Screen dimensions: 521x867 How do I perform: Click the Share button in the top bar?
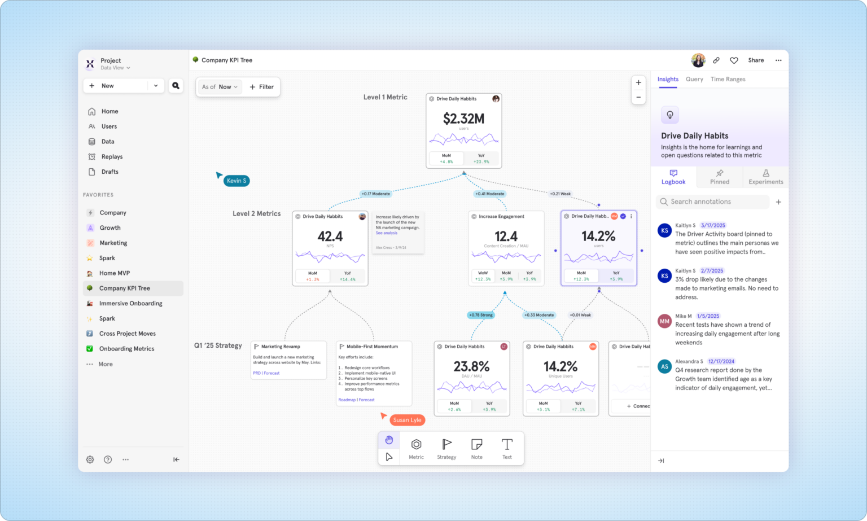(x=756, y=60)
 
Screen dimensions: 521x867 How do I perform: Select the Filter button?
(x=262, y=87)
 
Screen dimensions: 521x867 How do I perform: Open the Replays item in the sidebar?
(x=112, y=157)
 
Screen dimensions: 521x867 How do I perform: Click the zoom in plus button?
(x=638, y=83)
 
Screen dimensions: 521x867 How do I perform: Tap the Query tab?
(x=694, y=80)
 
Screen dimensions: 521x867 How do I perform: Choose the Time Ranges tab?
(x=728, y=80)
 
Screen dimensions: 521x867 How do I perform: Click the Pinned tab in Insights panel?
(x=719, y=177)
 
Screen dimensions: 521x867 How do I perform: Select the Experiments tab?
(x=765, y=177)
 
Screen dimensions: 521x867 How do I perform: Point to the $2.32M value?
(x=463, y=119)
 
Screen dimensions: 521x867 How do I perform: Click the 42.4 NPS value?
(x=330, y=237)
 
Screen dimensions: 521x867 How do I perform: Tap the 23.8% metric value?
(x=471, y=367)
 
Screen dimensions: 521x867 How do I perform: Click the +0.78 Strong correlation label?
(x=480, y=315)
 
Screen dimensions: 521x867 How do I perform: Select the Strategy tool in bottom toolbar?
(x=446, y=449)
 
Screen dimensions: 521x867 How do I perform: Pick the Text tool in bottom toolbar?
(x=507, y=449)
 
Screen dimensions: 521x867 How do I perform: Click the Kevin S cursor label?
(x=237, y=181)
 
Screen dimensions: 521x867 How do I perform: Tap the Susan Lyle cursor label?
(x=407, y=420)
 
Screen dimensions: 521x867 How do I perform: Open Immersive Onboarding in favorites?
(x=130, y=304)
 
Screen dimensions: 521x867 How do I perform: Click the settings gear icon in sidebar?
(x=90, y=460)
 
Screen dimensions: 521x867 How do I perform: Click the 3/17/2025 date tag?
(x=713, y=226)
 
